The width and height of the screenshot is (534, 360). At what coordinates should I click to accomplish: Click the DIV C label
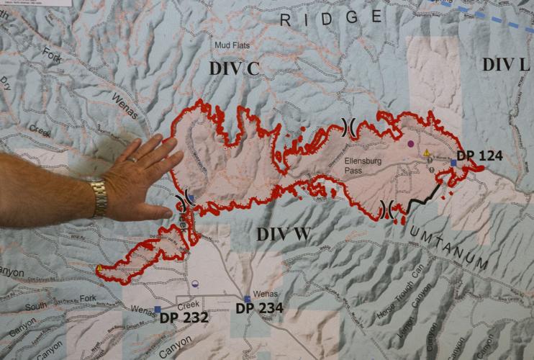coord(234,68)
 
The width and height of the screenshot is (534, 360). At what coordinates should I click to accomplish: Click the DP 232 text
coord(184,317)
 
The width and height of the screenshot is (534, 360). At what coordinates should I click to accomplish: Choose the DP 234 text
coord(259,309)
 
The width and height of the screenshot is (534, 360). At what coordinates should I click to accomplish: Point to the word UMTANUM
coord(450,247)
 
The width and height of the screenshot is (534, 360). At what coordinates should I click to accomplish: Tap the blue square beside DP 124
coord(453,163)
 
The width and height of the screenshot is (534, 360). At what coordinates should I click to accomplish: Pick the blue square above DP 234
coord(247,299)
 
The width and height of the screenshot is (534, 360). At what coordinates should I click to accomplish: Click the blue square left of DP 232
coord(157,310)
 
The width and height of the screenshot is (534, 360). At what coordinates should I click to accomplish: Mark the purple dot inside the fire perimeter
coord(410,144)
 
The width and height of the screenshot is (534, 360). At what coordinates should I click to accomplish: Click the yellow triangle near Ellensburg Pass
coord(427,153)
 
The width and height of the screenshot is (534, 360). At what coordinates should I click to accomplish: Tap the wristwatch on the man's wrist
coord(99,198)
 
